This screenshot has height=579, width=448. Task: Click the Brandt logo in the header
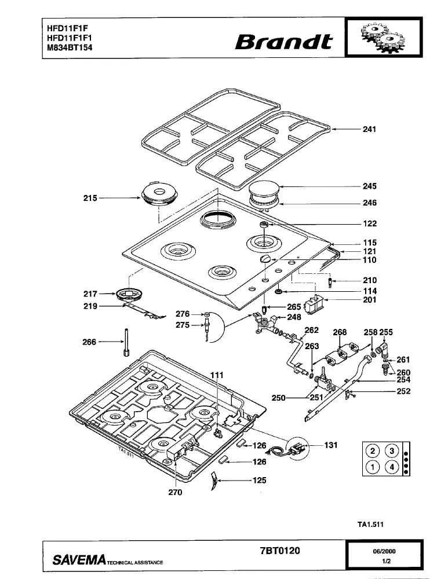click(x=284, y=42)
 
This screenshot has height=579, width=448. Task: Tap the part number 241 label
click(x=369, y=129)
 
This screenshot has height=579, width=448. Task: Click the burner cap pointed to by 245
click(x=265, y=190)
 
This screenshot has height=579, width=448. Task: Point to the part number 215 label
click(x=90, y=198)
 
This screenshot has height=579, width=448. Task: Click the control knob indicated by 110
click(x=265, y=259)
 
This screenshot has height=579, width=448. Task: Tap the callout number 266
click(x=89, y=342)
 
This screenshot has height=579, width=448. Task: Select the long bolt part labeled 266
click(x=126, y=342)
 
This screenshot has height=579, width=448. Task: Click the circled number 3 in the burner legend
click(x=392, y=451)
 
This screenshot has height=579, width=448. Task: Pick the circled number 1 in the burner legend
click(x=373, y=467)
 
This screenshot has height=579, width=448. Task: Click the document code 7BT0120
click(x=280, y=551)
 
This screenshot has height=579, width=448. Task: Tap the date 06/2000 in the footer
click(x=384, y=551)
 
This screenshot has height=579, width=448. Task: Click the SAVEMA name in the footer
click(x=79, y=560)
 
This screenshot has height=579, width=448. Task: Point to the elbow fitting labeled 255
click(x=381, y=349)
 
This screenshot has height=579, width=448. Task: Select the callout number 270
click(x=175, y=493)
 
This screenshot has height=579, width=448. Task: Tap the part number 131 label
click(x=331, y=445)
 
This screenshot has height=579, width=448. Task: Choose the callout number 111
click(x=217, y=375)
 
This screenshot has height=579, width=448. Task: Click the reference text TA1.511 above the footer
click(x=370, y=525)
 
